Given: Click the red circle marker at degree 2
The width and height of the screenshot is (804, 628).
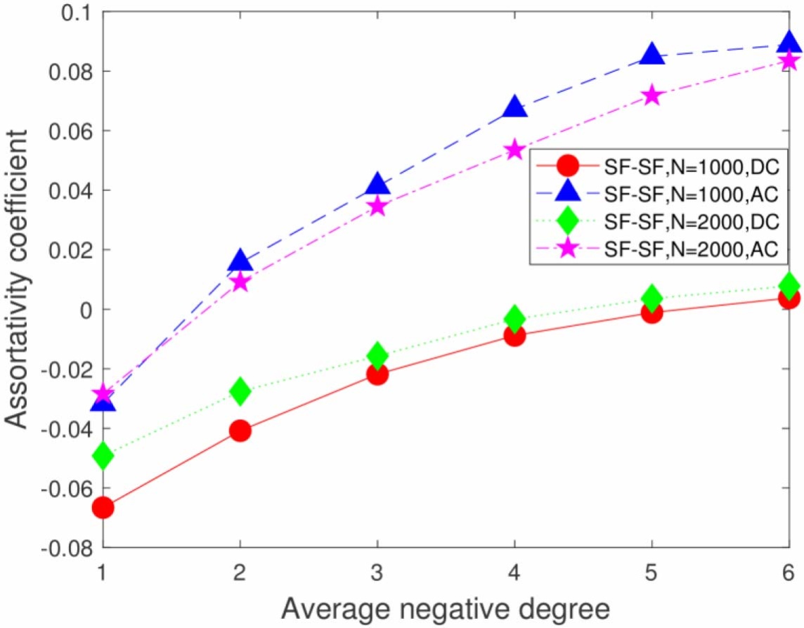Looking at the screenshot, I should pos(240,431).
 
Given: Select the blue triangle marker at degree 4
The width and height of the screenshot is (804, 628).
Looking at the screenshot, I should pos(514,107).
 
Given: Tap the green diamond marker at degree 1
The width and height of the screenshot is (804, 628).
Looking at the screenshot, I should pos(103,456).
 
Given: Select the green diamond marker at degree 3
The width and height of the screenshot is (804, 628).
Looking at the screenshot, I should pos(377,355).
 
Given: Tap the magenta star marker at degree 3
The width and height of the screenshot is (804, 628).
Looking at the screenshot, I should pos(377,206).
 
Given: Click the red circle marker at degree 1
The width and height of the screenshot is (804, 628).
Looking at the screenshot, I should pos(103,507).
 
